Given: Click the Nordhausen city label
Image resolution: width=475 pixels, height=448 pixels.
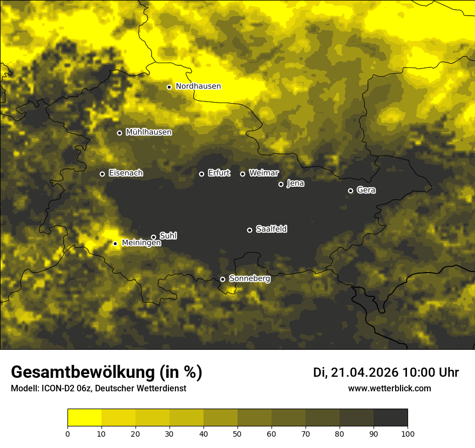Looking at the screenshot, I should pos(198,86).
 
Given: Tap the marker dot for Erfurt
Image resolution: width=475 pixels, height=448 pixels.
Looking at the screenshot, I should pos(202,174).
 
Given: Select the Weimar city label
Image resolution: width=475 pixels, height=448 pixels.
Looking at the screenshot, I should pos(263,173).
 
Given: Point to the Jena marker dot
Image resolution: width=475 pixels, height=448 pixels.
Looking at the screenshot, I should pos(281,184).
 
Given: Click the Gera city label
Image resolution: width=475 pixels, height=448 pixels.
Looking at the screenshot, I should pos(366,191).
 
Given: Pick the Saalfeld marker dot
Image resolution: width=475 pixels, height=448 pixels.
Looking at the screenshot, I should pos(249,230).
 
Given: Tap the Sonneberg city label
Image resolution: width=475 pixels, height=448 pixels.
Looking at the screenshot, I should pos(249,279).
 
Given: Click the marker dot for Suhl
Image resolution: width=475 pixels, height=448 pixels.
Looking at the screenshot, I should pos(154,237).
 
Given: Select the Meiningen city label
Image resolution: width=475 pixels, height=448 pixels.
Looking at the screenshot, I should pos(141,243).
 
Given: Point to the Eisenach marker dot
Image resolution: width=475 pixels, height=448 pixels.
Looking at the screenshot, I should pos(102,174).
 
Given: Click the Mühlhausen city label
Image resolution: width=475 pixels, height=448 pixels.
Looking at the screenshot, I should pos(148,132).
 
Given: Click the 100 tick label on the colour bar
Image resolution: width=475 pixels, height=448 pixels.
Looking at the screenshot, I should pos(408,433).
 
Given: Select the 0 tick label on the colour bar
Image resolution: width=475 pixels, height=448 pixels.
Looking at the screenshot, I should pos(67,433).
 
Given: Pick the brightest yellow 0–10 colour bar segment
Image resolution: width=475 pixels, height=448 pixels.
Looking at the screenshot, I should pos(84,418).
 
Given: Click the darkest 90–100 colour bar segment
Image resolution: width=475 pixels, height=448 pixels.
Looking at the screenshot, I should pos(390,418).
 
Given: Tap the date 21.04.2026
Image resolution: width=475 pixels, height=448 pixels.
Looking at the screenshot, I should pos(364,372).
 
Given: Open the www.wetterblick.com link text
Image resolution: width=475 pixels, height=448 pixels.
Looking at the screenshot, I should pos(390,389).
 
